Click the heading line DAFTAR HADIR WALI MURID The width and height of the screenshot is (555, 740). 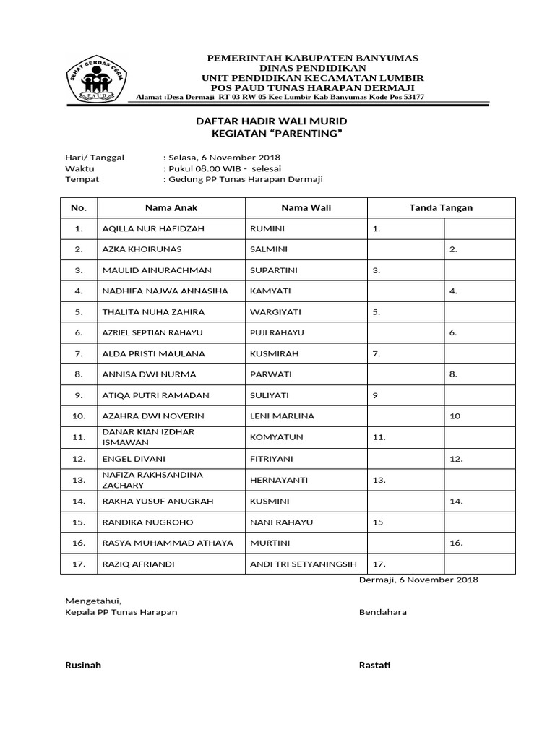[272, 121]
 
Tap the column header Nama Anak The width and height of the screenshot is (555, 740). [171, 208]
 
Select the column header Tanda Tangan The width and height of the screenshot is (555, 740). [441, 208]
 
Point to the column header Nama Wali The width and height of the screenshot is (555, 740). [306, 208]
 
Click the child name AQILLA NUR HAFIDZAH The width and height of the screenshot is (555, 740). [153, 229]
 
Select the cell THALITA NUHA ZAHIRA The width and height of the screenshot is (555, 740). [153, 312]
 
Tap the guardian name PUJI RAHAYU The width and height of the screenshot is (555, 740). [277, 333]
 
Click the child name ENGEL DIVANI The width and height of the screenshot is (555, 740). [134, 459]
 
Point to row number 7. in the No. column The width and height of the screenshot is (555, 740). [79, 354]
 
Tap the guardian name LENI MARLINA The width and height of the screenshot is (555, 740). [282, 416]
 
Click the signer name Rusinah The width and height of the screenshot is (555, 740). [83, 666]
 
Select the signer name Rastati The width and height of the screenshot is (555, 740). [374, 666]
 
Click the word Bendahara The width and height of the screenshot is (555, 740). [382, 612]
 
